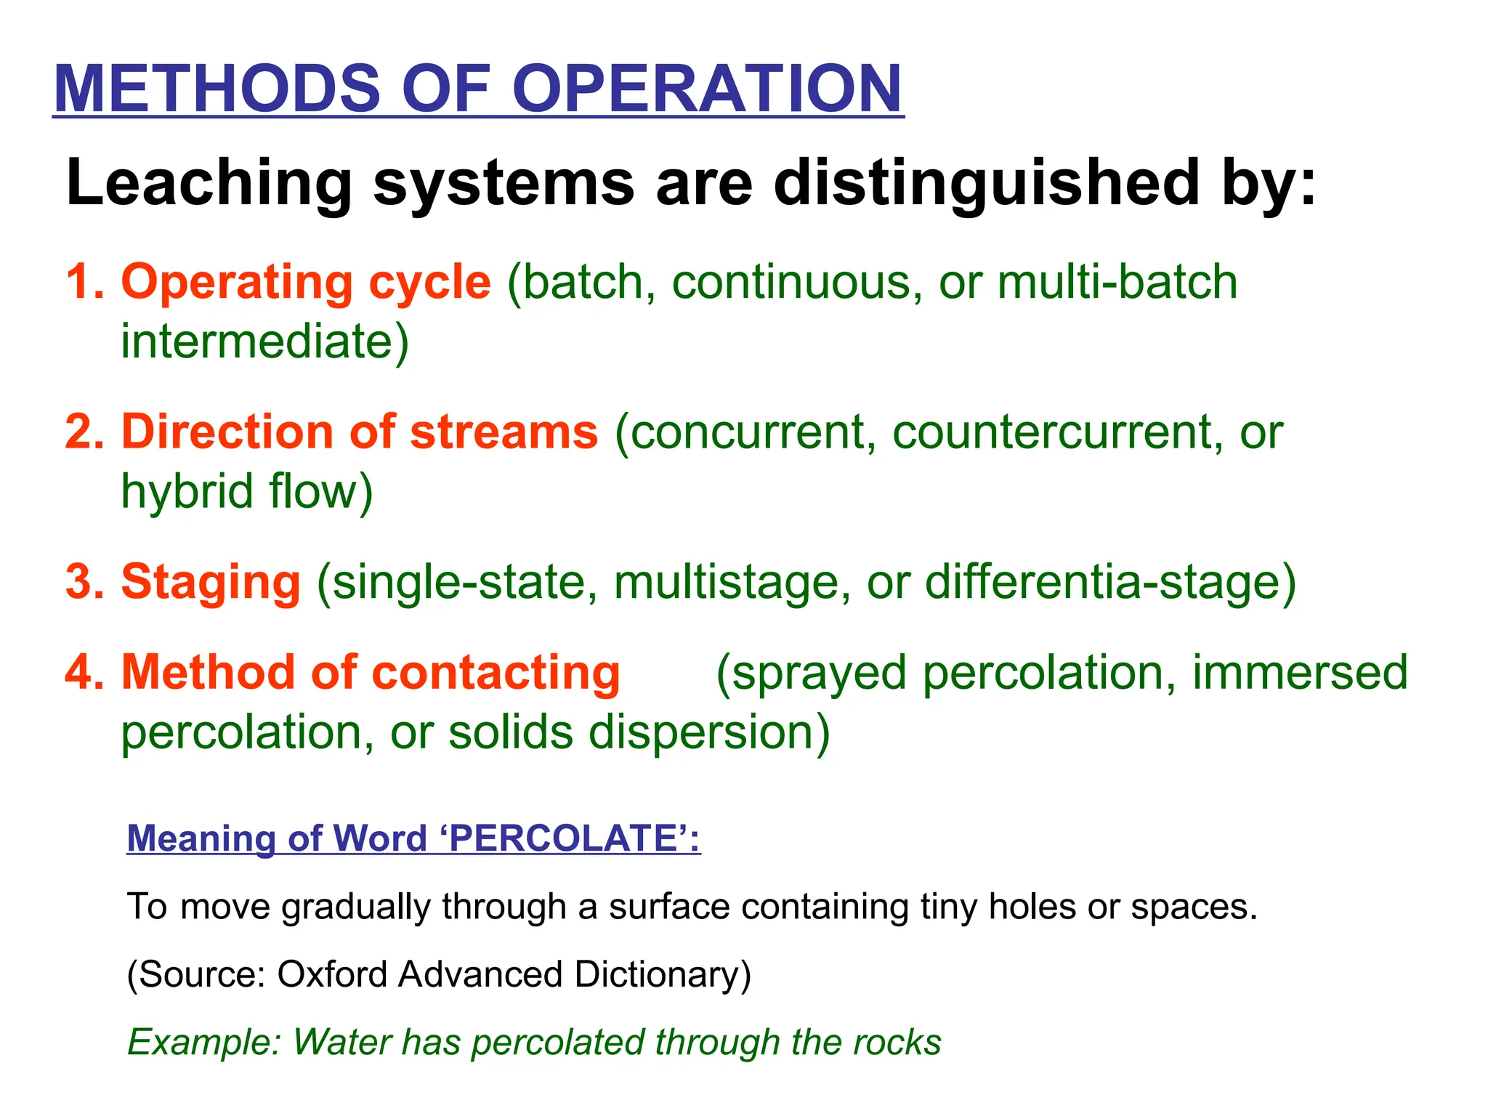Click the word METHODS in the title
[217, 88]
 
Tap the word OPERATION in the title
[707, 88]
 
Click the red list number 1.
[81, 282]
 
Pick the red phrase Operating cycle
[305, 282]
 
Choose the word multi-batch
[1117, 282]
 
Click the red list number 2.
[83, 432]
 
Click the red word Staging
[211, 582]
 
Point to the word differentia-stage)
[1110, 582]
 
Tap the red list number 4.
[83, 672]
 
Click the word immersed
[1300, 672]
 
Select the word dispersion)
[709, 732]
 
